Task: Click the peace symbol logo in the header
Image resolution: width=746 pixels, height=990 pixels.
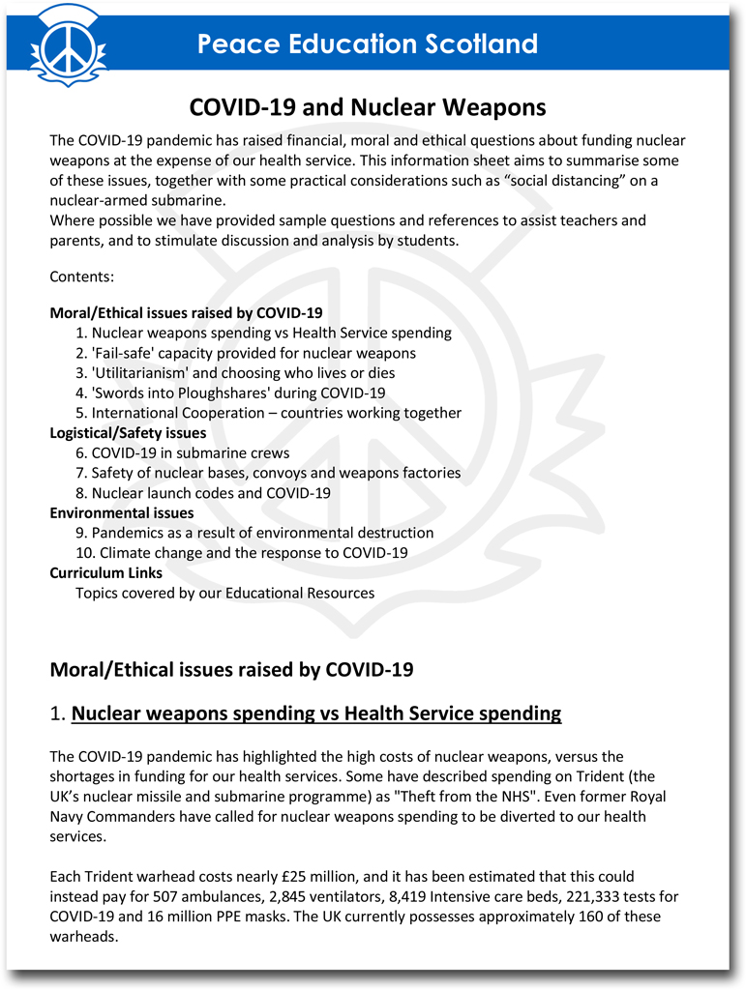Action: point(66,44)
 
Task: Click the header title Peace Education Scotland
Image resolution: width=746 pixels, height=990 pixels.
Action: point(367,44)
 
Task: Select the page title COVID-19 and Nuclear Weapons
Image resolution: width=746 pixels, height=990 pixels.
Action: point(367,106)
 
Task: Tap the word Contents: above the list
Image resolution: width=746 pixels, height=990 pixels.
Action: point(81,277)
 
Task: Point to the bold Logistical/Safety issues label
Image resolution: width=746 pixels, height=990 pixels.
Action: point(128,433)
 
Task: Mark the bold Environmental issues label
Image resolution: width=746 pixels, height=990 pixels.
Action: point(122,513)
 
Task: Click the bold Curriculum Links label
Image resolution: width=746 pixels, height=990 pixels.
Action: point(106,573)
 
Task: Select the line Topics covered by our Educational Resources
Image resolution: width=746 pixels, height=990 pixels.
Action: point(224,594)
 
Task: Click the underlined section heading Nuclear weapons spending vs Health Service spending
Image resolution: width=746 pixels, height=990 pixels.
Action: point(316,714)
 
